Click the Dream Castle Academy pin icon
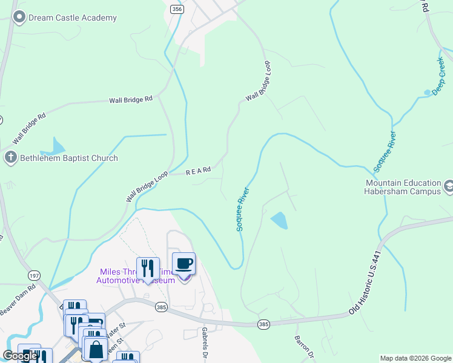click(19, 18)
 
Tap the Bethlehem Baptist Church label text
click(70, 159)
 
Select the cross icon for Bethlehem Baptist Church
click(10, 159)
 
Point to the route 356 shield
click(176, 9)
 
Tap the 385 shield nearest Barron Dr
click(263, 324)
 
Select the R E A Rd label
click(198, 171)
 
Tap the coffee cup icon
click(184, 264)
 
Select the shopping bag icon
click(96, 349)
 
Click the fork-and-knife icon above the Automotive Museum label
click(148, 268)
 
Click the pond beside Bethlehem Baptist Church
click(55, 147)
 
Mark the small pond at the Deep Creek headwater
click(428, 92)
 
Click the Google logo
click(20, 356)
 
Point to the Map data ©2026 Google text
click(415, 358)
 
